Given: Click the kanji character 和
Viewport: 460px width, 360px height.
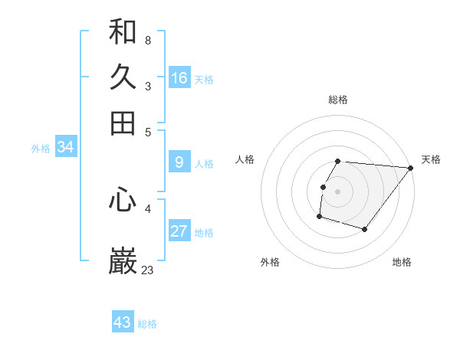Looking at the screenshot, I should tap(123, 32).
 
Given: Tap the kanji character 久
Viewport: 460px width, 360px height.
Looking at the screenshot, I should tap(123, 77).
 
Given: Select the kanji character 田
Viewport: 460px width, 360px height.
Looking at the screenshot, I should tap(123, 123).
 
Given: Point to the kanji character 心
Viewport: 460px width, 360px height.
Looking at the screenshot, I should tap(123, 201).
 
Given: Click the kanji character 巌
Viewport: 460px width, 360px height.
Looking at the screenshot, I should tap(123, 261).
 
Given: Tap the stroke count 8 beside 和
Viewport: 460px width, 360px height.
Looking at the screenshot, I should tap(148, 41).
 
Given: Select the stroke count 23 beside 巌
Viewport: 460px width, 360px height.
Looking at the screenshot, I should tap(148, 270).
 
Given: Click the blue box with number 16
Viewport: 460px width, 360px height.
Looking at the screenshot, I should tap(179, 78).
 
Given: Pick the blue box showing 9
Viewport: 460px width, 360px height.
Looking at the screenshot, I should tap(179, 162).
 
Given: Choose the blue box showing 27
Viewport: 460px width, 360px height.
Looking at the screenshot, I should tap(179, 231).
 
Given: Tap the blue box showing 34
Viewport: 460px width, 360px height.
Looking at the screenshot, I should tap(65, 148).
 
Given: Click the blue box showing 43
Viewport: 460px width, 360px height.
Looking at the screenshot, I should tap(123, 322).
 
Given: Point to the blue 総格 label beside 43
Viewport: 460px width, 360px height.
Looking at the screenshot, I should tap(147, 324).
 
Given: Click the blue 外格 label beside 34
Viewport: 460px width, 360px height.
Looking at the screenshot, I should tap(41, 149).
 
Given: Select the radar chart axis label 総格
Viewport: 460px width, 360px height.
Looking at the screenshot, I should tap(338, 100).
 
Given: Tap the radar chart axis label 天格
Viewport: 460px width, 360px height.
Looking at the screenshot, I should tap(431, 159).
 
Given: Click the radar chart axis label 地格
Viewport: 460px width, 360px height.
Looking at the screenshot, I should tap(402, 262).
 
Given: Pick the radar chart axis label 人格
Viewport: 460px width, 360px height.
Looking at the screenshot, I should tap(245, 159).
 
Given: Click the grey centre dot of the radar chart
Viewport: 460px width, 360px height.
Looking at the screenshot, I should tap(338, 191).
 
